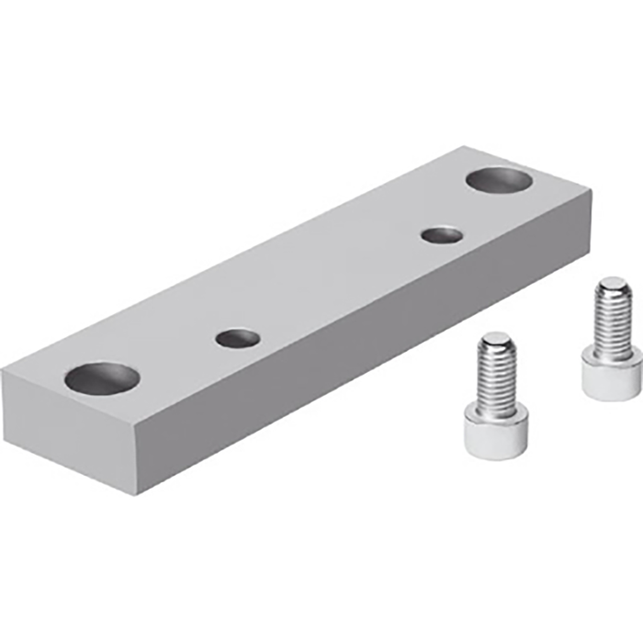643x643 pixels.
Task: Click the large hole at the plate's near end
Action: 102,376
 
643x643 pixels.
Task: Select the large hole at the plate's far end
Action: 502,179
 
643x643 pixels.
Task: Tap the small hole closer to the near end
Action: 236,337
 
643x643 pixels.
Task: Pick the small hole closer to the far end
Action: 442,234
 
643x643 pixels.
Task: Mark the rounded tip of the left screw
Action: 497,341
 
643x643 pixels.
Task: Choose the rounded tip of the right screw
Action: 612,286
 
